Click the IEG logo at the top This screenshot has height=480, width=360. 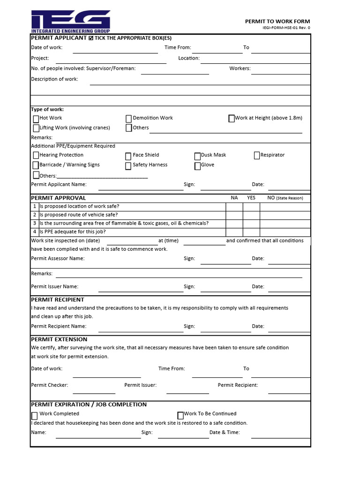[x=71, y=21]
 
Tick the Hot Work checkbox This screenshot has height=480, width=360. [x=36, y=119]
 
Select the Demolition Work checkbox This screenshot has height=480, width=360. [x=129, y=119]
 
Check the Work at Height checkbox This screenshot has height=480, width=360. [x=232, y=119]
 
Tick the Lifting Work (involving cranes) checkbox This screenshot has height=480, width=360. [x=36, y=128]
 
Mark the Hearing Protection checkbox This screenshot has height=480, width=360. [x=36, y=155]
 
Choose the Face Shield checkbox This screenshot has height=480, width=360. [x=128, y=156]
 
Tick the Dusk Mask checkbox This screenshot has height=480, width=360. [x=197, y=156]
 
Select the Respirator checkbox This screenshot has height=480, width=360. [x=257, y=156]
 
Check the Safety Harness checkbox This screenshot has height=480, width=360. [x=128, y=166]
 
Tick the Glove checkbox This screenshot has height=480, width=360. [x=197, y=166]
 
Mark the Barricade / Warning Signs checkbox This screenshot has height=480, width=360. [x=36, y=165]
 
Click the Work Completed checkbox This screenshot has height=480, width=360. [x=35, y=416]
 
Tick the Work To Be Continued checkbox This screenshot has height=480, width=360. [x=180, y=415]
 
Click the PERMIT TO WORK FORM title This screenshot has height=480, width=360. [x=277, y=22]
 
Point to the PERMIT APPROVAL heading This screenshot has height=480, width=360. [x=58, y=198]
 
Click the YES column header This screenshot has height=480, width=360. [x=251, y=198]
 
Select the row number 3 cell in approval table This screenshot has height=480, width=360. [x=34, y=223]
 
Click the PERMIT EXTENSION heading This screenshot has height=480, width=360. [x=59, y=339]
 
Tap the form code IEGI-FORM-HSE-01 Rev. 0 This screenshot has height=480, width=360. [x=286, y=28]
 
